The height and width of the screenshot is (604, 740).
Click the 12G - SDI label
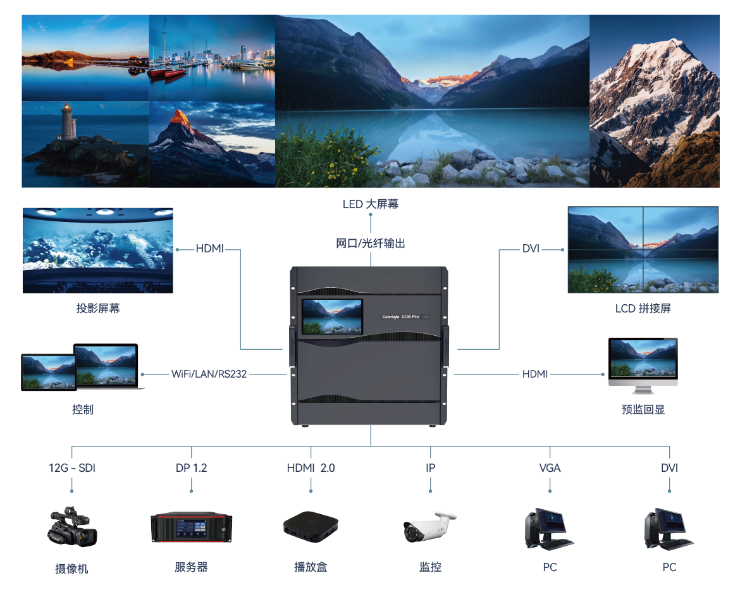pos(72,468)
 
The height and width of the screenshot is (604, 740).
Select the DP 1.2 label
pos(191,468)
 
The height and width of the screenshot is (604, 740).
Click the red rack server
pos(191,527)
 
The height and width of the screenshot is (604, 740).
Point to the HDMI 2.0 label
pos(311,468)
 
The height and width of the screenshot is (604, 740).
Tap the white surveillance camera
pos(429,526)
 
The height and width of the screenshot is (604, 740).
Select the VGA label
pos(550,468)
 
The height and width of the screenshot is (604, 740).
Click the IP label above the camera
pos(430,468)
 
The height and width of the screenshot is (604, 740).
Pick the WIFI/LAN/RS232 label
pos(209,374)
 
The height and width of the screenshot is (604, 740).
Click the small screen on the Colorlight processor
pos(332,317)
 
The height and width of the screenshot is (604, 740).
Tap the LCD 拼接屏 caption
pos(643,309)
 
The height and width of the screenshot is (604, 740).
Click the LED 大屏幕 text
pos(371,204)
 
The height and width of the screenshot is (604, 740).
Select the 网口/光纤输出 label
pos(371,243)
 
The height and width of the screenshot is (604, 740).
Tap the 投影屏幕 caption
pos(98,309)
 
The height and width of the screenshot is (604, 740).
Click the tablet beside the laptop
pos(49,372)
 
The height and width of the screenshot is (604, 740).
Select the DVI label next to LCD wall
pos(531,249)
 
